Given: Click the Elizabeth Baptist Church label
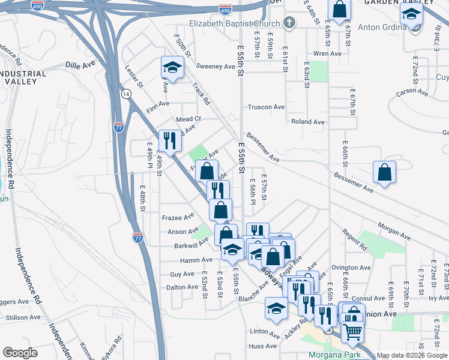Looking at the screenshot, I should click(235, 23).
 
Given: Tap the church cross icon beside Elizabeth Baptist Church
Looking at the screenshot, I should click(289, 23).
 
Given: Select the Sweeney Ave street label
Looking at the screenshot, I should click(215, 67).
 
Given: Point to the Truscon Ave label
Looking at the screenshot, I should click(267, 107).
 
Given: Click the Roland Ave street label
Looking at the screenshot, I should click(307, 122).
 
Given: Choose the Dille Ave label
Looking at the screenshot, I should click(80, 64).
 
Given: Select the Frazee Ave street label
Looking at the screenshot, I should click(178, 216).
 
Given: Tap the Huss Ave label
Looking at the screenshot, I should click(264, 346).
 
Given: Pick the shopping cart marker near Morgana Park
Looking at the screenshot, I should click(352, 330).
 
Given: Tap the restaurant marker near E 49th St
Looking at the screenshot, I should click(170, 140).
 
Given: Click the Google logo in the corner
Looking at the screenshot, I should click(20, 353).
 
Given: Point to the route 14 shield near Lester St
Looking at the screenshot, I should click(125, 94).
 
